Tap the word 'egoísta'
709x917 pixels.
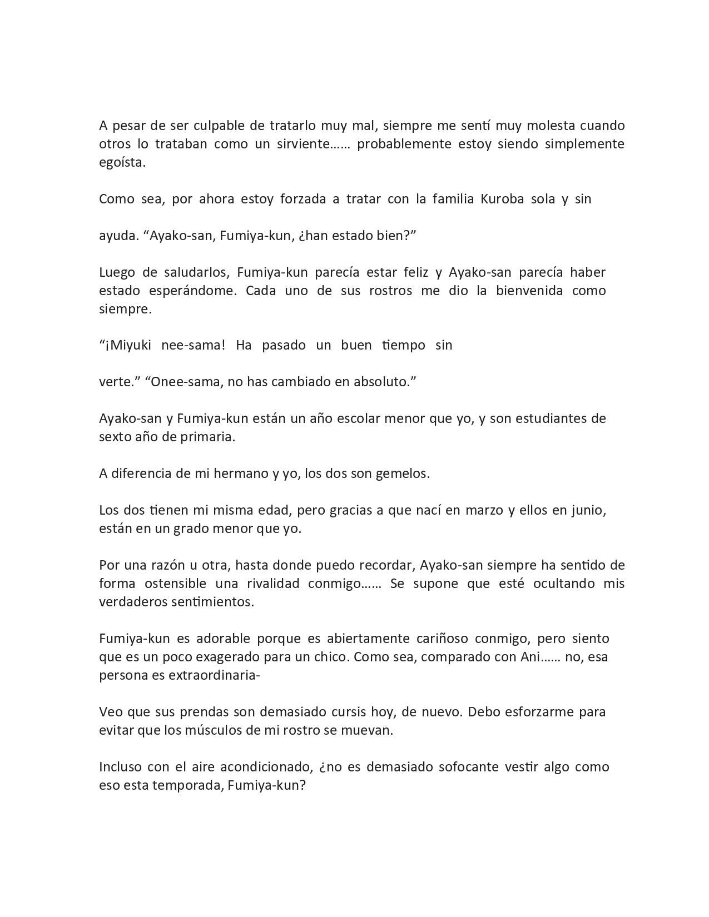[x=121, y=162]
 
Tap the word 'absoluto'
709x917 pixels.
[x=383, y=382]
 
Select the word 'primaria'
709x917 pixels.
[x=207, y=437]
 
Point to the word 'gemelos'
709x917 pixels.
[x=403, y=474]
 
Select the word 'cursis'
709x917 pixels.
[x=346, y=712]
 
